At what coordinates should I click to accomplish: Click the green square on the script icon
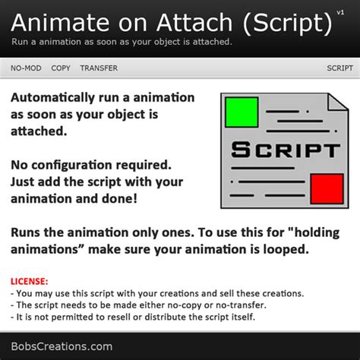click(x=242, y=112)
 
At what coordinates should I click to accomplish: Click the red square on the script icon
click(x=327, y=188)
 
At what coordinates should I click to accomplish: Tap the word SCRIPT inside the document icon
click(x=286, y=150)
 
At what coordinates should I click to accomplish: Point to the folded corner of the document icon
click(x=338, y=102)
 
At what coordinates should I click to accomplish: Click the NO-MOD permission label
click(x=26, y=68)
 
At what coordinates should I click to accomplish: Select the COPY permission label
click(x=61, y=68)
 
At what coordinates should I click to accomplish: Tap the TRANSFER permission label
click(x=99, y=68)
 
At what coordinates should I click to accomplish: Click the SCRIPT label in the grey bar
click(x=339, y=68)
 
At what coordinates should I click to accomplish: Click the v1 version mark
click(x=340, y=12)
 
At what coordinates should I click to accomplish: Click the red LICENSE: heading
click(x=30, y=281)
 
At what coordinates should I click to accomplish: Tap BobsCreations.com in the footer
click(x=62, y=346)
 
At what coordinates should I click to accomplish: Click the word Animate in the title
click(x=60, y=23)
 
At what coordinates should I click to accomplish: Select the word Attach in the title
click(x=194, y=23)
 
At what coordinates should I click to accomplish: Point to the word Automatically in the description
click(x=52, y=98)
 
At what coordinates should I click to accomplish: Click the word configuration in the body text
click(x=71, y=166)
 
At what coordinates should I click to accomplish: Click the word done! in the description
click(x=119, y=199)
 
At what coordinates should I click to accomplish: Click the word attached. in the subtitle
click(x=213, y=42)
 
